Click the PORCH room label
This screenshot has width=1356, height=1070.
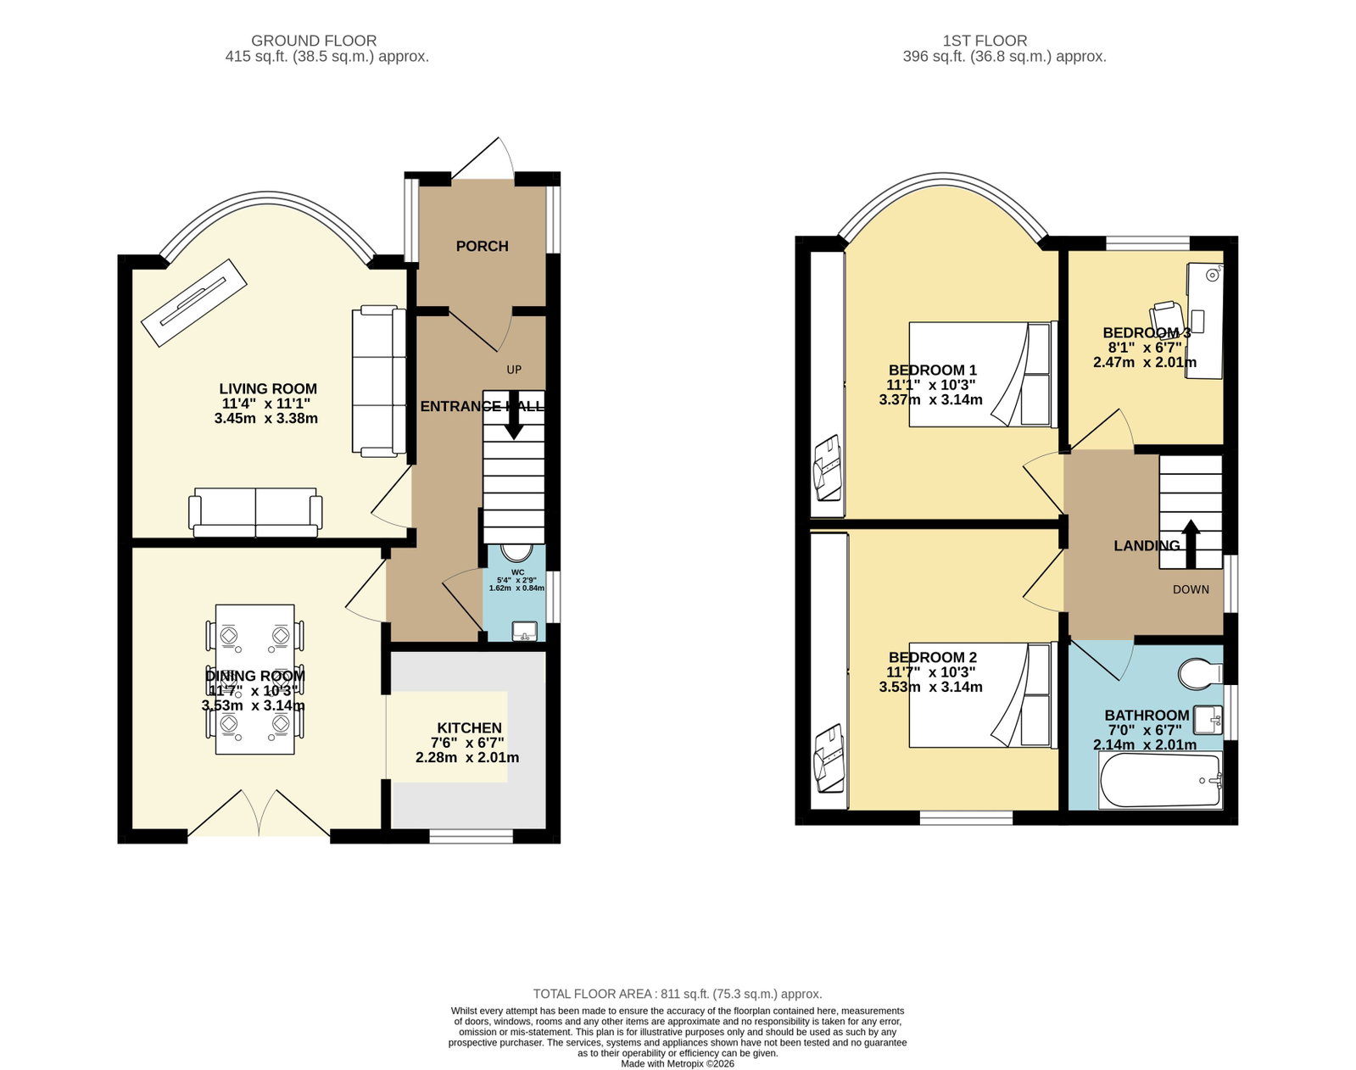click(482, 246)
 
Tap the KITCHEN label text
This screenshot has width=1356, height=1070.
click(470, 727)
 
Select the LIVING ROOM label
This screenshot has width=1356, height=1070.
click(268, 389)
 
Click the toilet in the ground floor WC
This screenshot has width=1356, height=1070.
click(517, 553)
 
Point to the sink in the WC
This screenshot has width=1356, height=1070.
click(524, 631)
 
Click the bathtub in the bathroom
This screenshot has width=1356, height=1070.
click(1161, 780)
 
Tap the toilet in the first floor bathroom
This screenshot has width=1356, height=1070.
click(1200, 675)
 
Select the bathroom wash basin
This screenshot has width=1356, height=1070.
click(1208, 721)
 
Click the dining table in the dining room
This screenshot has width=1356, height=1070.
click(254, 679)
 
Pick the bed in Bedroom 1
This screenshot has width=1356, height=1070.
click(983, 375)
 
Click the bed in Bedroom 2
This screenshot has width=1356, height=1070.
click(983, 695)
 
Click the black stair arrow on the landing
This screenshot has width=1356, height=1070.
click(1191, 543)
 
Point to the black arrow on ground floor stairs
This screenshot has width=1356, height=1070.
click(514, 415)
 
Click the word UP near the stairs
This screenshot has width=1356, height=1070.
click(514, 370)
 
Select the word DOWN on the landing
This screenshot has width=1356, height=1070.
click(1191, 590)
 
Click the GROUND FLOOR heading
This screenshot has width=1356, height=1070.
click(314, 41)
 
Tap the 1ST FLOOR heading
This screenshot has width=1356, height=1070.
click(985, 41)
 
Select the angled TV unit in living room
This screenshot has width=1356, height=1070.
click(194, 303)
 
